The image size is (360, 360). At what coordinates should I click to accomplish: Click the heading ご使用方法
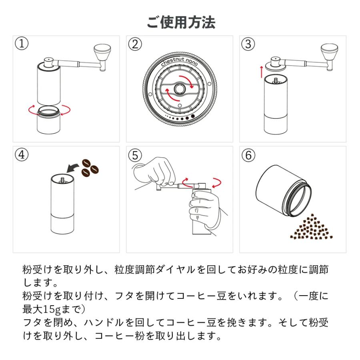[181, 22]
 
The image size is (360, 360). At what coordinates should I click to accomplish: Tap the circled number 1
[22, 44]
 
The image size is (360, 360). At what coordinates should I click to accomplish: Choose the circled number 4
[22, 155]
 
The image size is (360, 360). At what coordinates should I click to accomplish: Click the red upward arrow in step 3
[261, 72]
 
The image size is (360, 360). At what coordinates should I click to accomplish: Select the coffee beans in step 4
[90, 167]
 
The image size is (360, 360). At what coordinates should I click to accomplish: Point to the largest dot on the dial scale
[194, 116]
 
